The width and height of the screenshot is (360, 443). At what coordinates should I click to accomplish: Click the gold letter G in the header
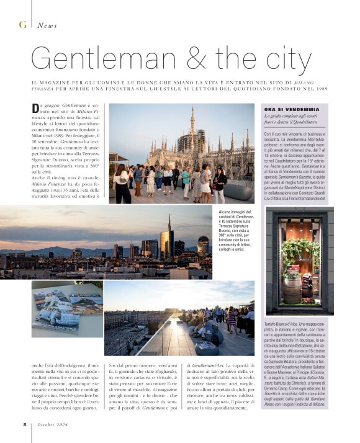click(x=22, y=25)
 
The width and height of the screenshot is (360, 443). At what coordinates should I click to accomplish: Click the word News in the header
click(x=47, y=25)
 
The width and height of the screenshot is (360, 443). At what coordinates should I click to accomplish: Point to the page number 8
click(x=24, y=424)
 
